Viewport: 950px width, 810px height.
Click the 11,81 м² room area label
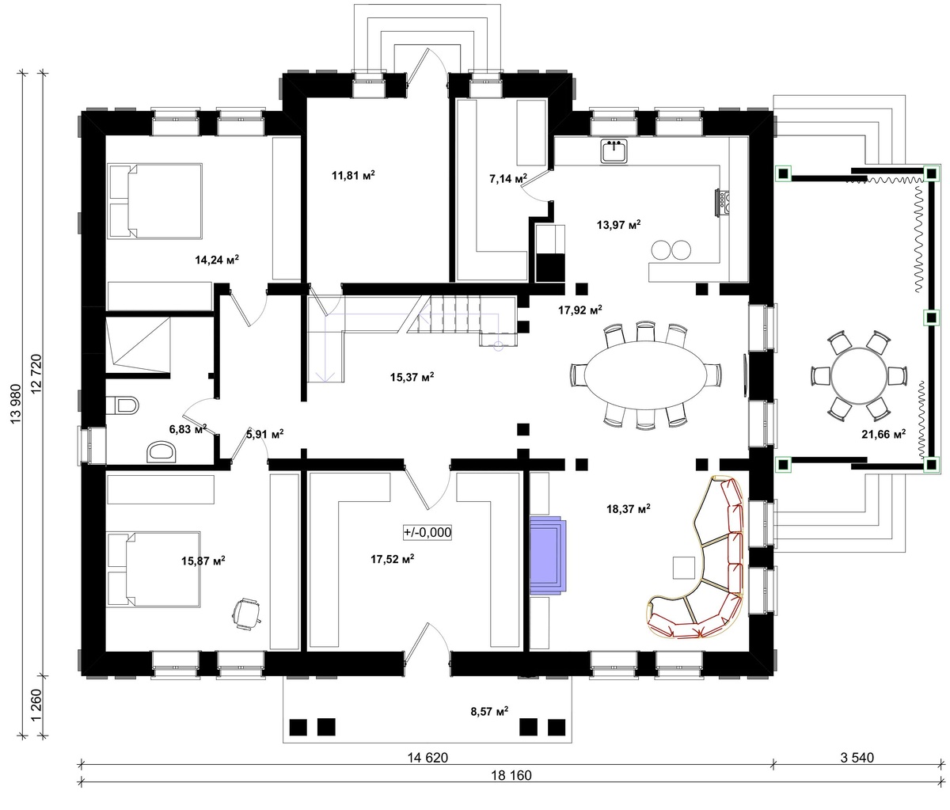[353, 175]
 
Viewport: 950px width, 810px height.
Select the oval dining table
[646, 375]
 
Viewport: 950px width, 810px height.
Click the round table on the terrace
[858, 376]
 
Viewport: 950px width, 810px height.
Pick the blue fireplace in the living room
[548, 556]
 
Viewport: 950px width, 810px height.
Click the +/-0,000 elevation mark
[427, 532]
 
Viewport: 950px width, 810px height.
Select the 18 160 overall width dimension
[511, 775]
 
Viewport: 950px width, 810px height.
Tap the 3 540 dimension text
[857, 758]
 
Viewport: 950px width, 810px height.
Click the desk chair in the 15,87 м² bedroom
[246, 613]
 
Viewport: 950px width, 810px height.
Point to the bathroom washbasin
[161, 452]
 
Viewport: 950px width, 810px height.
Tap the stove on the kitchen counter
[721, 202]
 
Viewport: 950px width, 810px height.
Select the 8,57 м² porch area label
[489, 712]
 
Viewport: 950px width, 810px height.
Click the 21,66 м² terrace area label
[883, 433]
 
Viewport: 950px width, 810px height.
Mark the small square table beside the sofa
[684, 567]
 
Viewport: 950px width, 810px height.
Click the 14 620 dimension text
[427, 758]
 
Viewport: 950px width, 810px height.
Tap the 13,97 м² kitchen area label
[618, 225]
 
